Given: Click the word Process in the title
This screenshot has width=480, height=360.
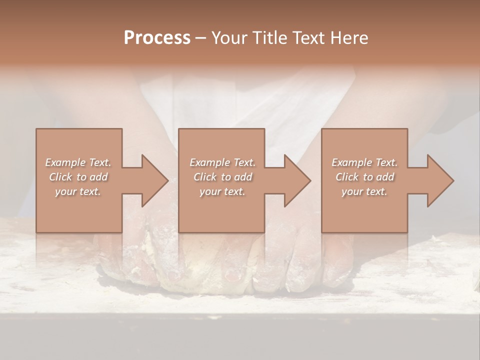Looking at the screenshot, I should pyautogui.click(x=157, y=38).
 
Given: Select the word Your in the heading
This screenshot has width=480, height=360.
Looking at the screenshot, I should pyautogui.click(x=228, y=38).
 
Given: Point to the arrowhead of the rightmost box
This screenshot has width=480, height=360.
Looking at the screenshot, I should pyautogui.click(x=439, y=180).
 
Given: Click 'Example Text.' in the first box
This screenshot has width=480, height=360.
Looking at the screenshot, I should pyautogui.click(x=78, y=162).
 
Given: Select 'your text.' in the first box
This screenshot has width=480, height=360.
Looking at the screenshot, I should pyautogui.click(x=78, y=191).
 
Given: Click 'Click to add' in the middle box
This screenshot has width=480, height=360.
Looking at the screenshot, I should pyautogui.click(x=222, y=177).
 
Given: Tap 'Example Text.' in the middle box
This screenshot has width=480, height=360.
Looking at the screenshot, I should pyautogui.click(x=222, y=162).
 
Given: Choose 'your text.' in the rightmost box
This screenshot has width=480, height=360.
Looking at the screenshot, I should pyautogui.click(x=364, y=191).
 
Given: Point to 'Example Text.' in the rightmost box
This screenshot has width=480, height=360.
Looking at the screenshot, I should pyautogui.click(x=364, y=162).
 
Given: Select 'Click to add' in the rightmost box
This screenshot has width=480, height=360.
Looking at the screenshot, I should pyautogui.click(x=365, y=177).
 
